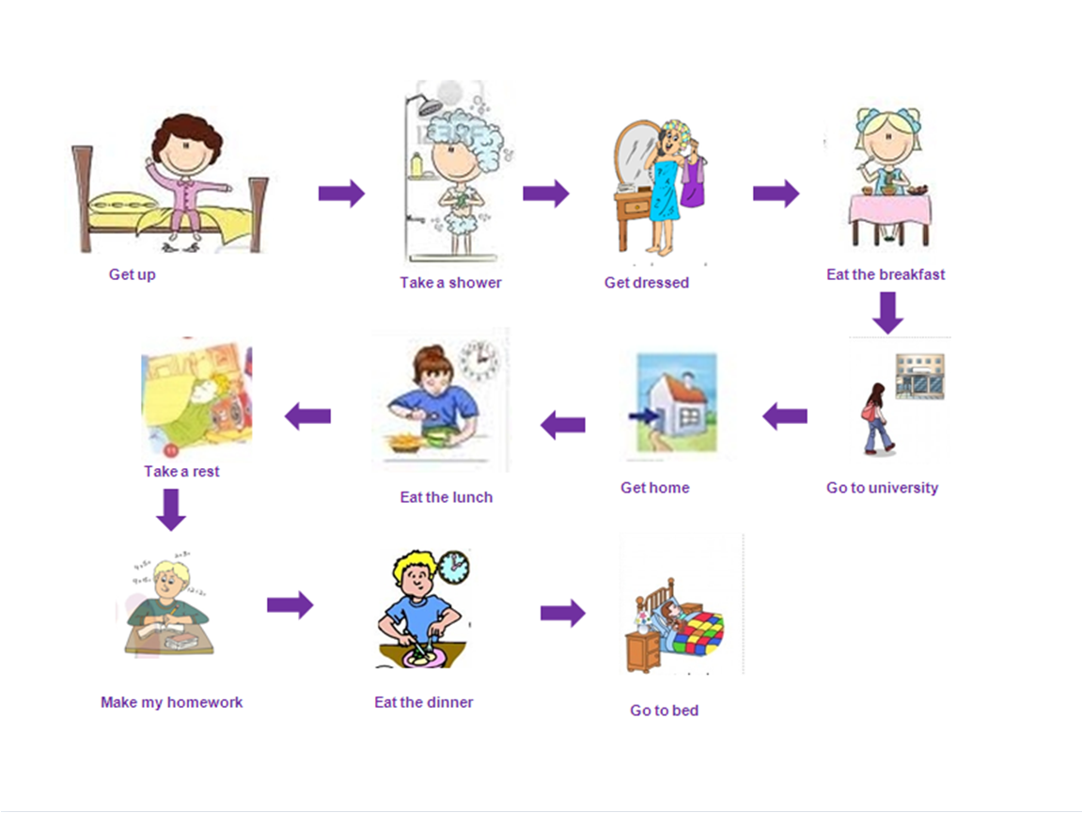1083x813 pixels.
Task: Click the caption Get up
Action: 132,275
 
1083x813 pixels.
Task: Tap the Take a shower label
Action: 450,282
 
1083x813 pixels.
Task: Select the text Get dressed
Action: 646,282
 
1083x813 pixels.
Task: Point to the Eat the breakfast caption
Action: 886,274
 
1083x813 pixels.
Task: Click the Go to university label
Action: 882,488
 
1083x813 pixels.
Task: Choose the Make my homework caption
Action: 171,702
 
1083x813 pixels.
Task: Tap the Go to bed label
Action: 664,711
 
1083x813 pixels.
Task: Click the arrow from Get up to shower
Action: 341,194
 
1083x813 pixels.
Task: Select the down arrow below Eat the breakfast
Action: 887,313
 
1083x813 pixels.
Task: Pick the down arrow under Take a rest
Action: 170,508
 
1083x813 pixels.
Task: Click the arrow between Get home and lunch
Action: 562,426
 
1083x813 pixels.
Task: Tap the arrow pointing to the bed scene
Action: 562,614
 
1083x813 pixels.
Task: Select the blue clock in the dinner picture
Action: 453,567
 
